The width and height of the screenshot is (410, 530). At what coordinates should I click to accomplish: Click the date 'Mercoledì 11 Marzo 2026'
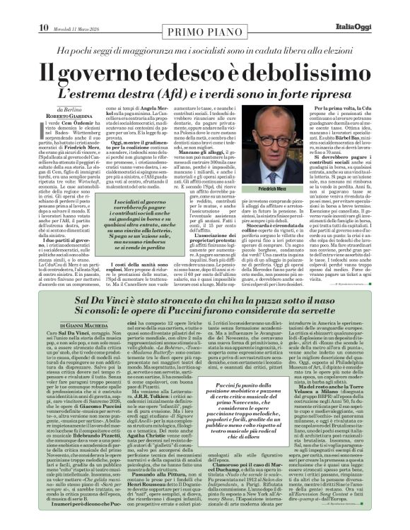(x=82, y=8)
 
